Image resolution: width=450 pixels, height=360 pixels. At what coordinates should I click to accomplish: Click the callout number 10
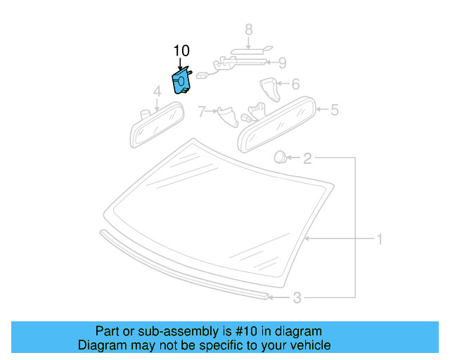tap(181, 51)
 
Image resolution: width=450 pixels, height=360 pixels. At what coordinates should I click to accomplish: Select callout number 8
tap(248, 30)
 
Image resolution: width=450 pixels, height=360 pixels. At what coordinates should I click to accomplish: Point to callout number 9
tap(282, 63)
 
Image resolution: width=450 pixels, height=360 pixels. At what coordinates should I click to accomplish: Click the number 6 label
tap(295, 84)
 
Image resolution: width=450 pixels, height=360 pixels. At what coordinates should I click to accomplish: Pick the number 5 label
tap(335, 110)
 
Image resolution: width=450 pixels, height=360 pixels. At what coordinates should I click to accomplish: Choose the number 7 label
tap(202, 111)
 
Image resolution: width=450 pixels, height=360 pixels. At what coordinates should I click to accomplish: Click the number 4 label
tap(157, 91)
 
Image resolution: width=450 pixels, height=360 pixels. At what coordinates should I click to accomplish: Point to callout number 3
tap(297, 298)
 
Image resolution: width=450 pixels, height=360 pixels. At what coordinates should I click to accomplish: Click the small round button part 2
tap(279, 157)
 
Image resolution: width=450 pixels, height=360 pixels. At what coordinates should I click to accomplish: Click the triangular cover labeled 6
tap(269, 89)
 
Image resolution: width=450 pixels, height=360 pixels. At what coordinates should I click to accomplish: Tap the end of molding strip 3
tap(265, 297)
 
